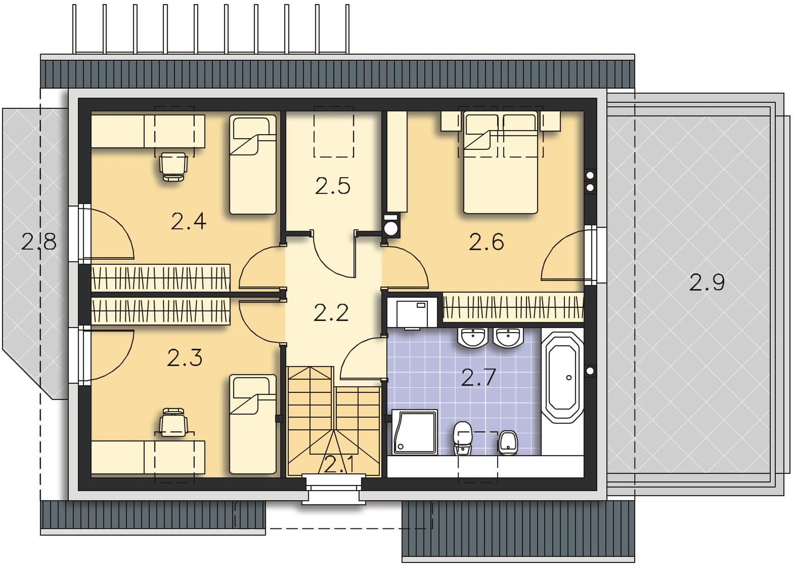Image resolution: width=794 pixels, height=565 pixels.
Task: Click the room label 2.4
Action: click(x=188, y=221)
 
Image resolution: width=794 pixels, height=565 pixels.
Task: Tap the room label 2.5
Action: click(x=332, y=186)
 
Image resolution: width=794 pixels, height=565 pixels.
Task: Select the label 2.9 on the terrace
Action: click(x=707, y=282)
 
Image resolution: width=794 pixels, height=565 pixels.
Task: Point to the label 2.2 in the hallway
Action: click(x=331, y=313)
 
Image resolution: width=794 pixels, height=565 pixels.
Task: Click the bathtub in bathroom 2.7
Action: click(x=562, y=377)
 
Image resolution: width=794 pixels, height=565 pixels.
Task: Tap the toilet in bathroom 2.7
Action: click(x=463, y=438)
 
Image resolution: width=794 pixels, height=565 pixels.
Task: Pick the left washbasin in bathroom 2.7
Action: click(x=472, y=337)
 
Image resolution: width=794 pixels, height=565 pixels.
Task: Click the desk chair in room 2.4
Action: click(x=173, y=167)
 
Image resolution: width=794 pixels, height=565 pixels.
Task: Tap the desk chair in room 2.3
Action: click(x=173, y=422)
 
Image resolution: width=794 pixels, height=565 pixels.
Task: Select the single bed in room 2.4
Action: click(x=253, y=165)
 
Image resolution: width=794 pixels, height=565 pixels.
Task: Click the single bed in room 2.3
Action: click(x=253, y=424)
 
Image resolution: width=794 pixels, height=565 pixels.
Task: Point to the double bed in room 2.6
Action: click(x=501, y=163)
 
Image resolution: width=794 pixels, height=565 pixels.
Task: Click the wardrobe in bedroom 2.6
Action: click(x=513, y=307)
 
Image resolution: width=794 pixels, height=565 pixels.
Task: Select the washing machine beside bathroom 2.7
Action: click(x=412, y=313)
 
